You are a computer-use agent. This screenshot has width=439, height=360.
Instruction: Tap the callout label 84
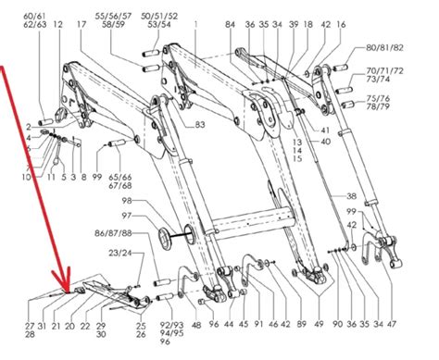(231, 24)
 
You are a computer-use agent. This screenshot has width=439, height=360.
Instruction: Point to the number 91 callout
(258, 325)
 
